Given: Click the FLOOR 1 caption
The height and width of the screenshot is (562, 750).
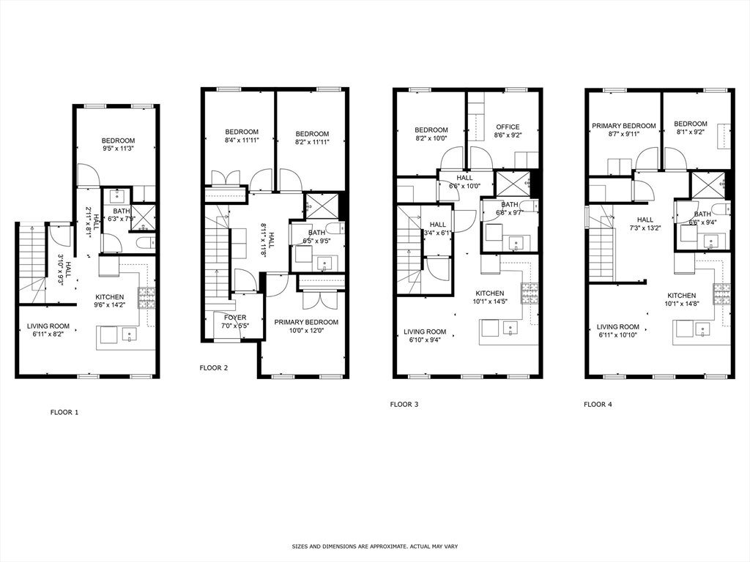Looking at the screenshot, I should pyautogui.click(x=64, y=412).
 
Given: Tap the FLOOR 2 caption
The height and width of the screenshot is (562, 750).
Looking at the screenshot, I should pyautogui.click(x=213, y=368).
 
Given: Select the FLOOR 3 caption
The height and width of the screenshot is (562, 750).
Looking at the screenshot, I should pyautogui.click(x=404, y=404).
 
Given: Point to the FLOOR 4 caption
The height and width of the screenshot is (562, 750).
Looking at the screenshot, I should pyautogui.click(x=598, y=404).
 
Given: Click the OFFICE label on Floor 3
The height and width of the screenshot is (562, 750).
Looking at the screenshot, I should pyautogui.click(x=508, y=127).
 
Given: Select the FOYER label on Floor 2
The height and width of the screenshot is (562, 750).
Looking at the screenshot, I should pyautogui.click(x=235, y=318).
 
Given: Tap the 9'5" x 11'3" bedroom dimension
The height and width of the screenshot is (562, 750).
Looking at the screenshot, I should pyautogui.click(x=118, y=149).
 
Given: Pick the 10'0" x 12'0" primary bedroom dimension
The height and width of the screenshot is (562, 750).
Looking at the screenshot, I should pyautogui.click(x=306, y=331).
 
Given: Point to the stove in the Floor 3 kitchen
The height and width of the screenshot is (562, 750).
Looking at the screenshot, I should pyautogui.click(x=530, y=293).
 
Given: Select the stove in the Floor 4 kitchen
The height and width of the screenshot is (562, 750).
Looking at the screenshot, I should pyautogui.click(x=722, y=293).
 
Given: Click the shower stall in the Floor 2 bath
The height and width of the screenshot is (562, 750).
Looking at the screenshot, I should pyautogui.click(x=322, y=206).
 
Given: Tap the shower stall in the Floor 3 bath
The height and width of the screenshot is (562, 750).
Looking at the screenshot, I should pyautogui.click(x=513, y=183).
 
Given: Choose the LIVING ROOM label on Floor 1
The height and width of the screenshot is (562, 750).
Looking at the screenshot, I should pyautogui.click(x=48, y=326).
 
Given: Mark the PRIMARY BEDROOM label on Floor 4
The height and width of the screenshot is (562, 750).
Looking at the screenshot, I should pyautogui.click(x=624, y=126).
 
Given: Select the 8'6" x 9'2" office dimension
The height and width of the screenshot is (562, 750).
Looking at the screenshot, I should pyautogui.click(x=508, y=135).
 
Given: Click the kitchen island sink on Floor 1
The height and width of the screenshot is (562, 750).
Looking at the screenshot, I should pyautogui.click(x=130, y=335).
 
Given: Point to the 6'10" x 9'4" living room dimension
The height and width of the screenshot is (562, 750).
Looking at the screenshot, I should pyautogui.click(x=425, y=340).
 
